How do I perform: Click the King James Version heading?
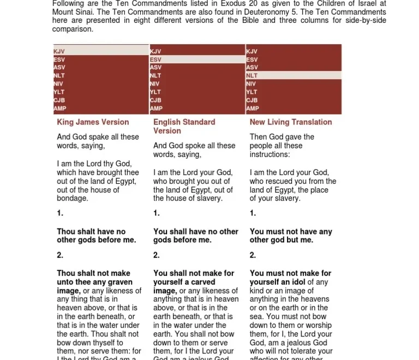tap(93, 122)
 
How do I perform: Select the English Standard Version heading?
tap(184, 127)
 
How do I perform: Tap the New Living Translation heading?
tap(290, 122)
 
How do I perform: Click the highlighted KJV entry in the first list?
tap(59, 51)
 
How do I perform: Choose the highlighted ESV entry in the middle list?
tap(155, 59)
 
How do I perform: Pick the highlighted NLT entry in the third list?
tap(252, 76)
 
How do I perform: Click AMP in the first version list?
tap(60, 109)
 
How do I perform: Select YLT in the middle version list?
tap(155, 92)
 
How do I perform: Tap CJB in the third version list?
tap(252, 100)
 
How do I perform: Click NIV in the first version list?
tap(59, 84)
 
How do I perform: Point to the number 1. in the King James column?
tap(60, 213)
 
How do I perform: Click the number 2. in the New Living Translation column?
tap(253, 255)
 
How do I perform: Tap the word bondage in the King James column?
tap(71, 199)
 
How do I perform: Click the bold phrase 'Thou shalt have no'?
tap(91, 231)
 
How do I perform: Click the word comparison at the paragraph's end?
tap(72, 29)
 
